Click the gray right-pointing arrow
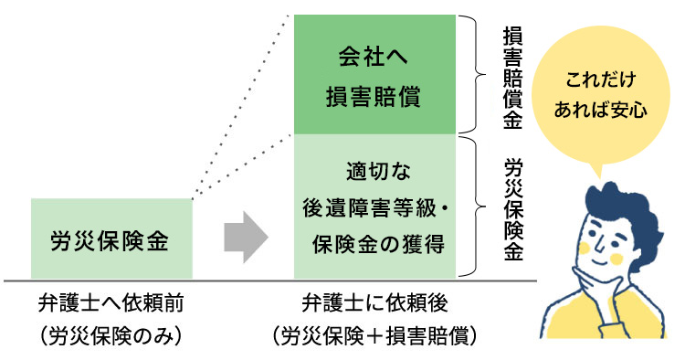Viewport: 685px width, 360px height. point(246,239)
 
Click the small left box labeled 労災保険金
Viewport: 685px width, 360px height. point(111,239)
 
